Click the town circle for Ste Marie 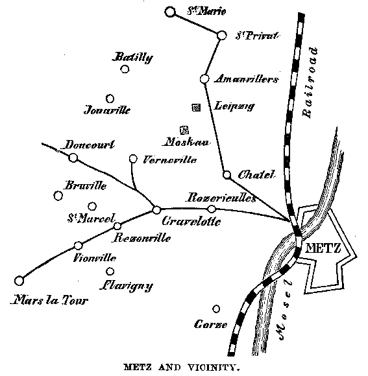170,12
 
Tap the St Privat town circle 221,35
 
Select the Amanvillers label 249,79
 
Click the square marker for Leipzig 196,106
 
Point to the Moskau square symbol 184,130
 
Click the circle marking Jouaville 110,99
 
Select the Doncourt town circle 73,157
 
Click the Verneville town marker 133,158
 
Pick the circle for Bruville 58,195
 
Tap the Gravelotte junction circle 156,209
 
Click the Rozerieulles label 221,197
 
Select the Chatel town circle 227,174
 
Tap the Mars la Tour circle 19,281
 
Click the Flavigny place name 126,285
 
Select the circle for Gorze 216,309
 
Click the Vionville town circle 79,245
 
